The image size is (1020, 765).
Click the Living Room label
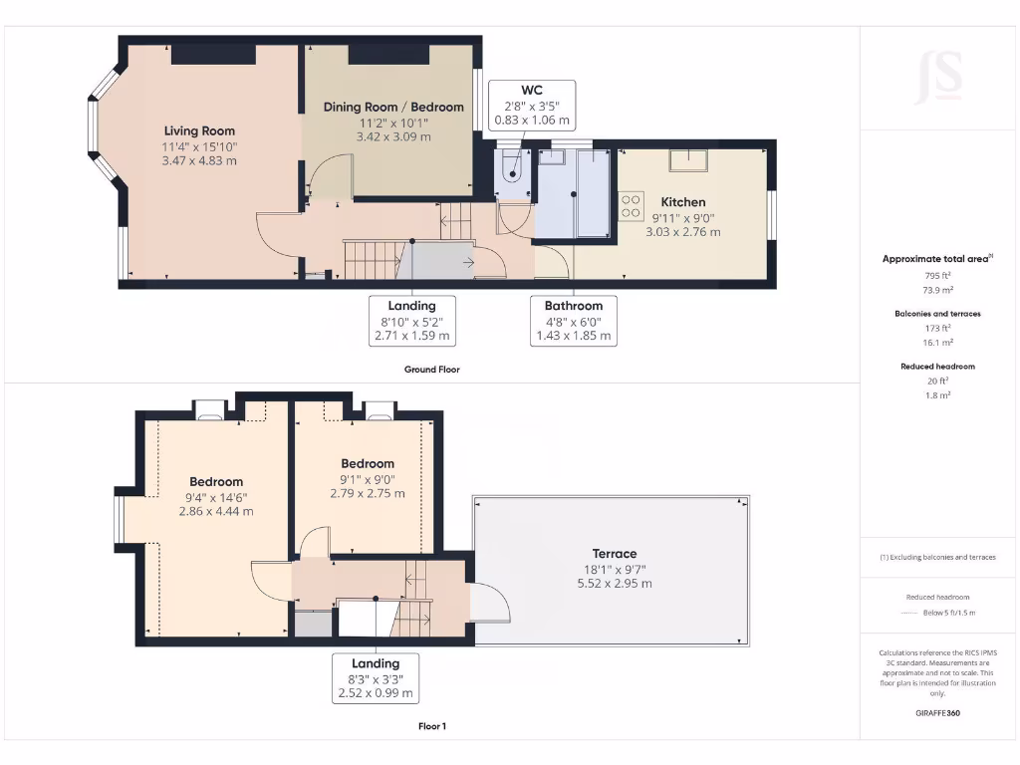pyautogui.click(x=199, y=130)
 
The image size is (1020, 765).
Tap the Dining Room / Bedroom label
pyautogui.click(x=393, y=107)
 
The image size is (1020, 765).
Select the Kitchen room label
pyautogui.click(x=682, y=202)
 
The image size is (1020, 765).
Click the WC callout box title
pyautogui.click(x=532, y=90)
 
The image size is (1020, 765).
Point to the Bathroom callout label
pyautogui.click(x=573, y=306)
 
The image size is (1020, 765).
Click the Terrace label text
pyautogui.click(x=614, y=554)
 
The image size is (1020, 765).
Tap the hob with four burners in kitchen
pyautogui.click(x=631, y=205)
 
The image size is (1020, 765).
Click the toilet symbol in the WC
pyautogui.click(x=513, y=166)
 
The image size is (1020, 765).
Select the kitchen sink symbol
pyautogui.click(x=688, y=159)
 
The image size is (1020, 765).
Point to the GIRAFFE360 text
pyautogui.click(x=938, y=713)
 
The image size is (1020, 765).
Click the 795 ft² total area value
pyautogui.click(x=938, y=275)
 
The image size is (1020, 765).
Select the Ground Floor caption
pyautogui.click(x=431, y=369)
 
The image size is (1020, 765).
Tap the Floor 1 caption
pyautogui.click(x=431, y=726)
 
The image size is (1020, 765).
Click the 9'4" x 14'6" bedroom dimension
pyautogui.click(x=215, y=497)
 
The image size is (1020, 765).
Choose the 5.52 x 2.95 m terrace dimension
pyautogui.click(x=614, y=583)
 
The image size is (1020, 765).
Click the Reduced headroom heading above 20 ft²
pyautogui.click(x=938, y=367)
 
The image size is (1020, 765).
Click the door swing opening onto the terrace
pyautogui.click(x=490, y=603)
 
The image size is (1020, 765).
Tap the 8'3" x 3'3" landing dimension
pyautogui.click(x=376, y=679)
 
